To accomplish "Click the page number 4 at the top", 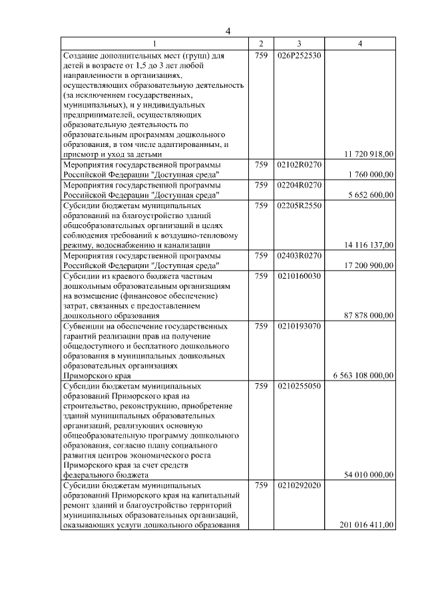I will click(x=228, y=31).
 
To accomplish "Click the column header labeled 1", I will click(x=155, y=44).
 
